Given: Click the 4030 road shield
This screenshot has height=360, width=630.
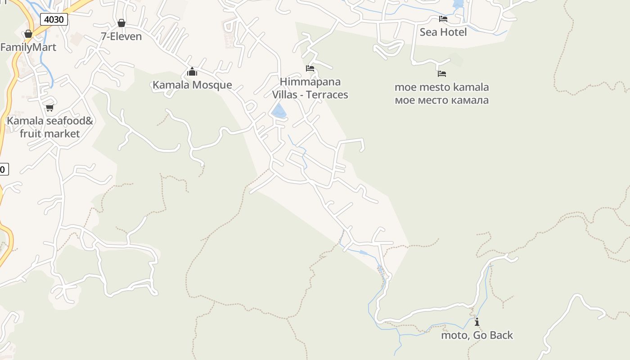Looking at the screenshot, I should pos(54,19).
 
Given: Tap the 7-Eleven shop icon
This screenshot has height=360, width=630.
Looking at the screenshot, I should pos(121,23).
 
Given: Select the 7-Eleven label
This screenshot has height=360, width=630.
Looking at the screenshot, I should pos(121,36).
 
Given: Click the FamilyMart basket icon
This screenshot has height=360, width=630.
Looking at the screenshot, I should pos(28,34).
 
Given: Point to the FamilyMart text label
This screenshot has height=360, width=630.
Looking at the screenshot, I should pos(28,47).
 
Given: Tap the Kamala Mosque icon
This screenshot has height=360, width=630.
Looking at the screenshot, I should pos(192,72).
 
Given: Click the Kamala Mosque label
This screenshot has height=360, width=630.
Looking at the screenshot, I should pos(192,85).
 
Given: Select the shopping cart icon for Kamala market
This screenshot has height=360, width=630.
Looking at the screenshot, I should pos(49,108).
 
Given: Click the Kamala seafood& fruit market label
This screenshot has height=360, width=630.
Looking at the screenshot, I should pos(49,127).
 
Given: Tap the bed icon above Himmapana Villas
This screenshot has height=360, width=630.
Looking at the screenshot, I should pos(310,68).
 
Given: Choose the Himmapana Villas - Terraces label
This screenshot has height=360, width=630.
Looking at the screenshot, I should pos(310,88).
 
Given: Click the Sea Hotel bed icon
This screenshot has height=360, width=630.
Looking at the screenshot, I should pos(443,19).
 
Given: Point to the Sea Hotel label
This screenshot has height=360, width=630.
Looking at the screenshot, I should pos(443,32).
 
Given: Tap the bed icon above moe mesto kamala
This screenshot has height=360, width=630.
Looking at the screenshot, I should pos(442,73).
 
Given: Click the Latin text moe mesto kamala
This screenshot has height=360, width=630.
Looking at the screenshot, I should pos(441,87).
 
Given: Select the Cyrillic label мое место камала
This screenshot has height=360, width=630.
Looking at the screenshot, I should pos(441,100).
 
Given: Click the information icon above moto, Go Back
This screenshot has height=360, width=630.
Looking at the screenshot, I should pos(477,322).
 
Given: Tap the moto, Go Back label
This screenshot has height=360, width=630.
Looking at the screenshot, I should pos(477,335).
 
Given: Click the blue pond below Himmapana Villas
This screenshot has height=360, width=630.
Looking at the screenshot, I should pos(279,111).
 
